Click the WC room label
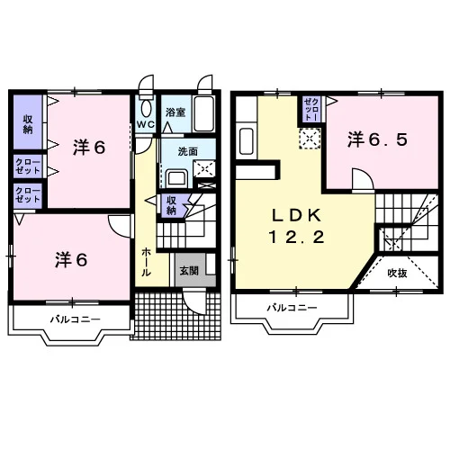click(x=146, y=124)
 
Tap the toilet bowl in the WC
click(x=146, y=108)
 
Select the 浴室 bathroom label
click(x=175, y=112)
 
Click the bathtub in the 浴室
click(x=204, y=113)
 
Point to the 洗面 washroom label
click(x=187, y=152)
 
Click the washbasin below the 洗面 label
click(x=177, y=178)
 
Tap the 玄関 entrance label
click(x=189, y=271)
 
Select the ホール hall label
click(x=146, y=262)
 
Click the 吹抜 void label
click(x=397, y=274)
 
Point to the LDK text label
click(x=296, y=215)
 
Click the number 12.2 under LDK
click(x=296, y=238)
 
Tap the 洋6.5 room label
click(x=378, y=139)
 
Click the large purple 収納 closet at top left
click(x=28, y=122)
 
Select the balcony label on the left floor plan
click(x=76, y=319)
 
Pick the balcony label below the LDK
click(x=292, y=308)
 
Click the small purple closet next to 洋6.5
click(x=311, y=109)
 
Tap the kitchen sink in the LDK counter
click(x=247, y=140)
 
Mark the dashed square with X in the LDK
click(x=310, y=139)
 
